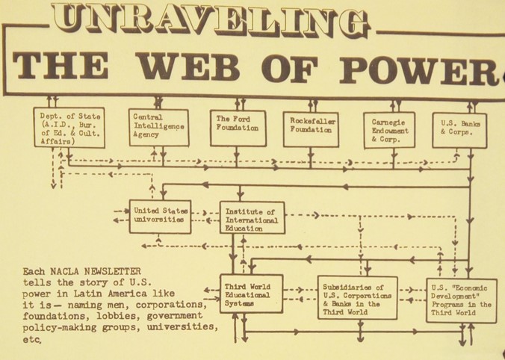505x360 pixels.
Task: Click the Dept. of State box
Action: coord(69,127)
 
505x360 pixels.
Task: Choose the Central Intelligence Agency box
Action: coord(158,127)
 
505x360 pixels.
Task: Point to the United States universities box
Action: coord(159,216)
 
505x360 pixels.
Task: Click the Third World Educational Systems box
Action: coord(251,294)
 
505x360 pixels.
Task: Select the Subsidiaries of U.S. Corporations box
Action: coord(356,297)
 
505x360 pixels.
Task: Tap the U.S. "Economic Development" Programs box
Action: coord(461,300)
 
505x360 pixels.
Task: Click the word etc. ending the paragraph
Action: coord(34,339)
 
